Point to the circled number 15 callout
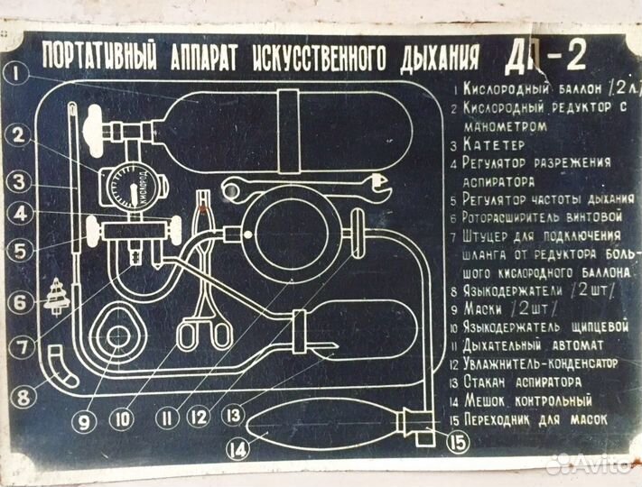tap(457, 442)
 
